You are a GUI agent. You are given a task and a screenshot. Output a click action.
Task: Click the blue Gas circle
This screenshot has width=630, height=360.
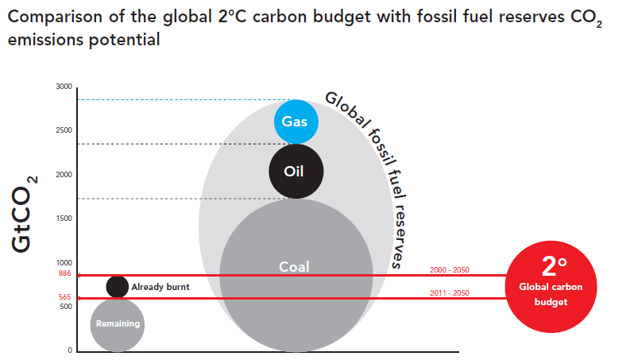tap(296, 122)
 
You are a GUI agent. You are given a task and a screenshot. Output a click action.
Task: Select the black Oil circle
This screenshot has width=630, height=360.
tap(295, 171)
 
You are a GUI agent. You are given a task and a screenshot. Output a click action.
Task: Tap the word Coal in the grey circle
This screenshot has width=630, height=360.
tap(294, 267)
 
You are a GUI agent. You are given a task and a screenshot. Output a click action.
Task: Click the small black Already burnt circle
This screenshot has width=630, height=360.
tap(118, 287)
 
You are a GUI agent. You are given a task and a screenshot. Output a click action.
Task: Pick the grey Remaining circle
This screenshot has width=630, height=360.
tap(118, 324)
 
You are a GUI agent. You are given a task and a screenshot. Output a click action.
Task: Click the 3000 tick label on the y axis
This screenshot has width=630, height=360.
tap(64, 87)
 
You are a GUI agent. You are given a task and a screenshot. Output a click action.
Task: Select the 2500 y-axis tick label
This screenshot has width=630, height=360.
tap(64, 130)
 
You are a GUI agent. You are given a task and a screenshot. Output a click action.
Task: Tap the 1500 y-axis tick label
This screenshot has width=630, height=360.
tap(64, 219)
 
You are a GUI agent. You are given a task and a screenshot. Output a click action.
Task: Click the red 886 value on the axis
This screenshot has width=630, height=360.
tap(65, 273)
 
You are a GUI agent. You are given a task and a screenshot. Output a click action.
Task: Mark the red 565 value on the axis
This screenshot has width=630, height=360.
tap(65, 297)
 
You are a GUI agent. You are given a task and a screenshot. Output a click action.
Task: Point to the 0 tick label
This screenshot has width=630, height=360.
tap(70, 350)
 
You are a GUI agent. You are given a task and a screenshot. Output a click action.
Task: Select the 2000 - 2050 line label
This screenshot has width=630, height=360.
tap(449, 269)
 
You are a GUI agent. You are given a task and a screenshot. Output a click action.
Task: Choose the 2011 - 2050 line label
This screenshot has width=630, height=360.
tap(449, 293)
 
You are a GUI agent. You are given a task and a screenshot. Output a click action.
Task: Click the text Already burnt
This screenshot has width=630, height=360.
tap(160, 287)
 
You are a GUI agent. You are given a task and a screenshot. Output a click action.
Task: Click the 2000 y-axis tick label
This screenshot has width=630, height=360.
tap(64, 175)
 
